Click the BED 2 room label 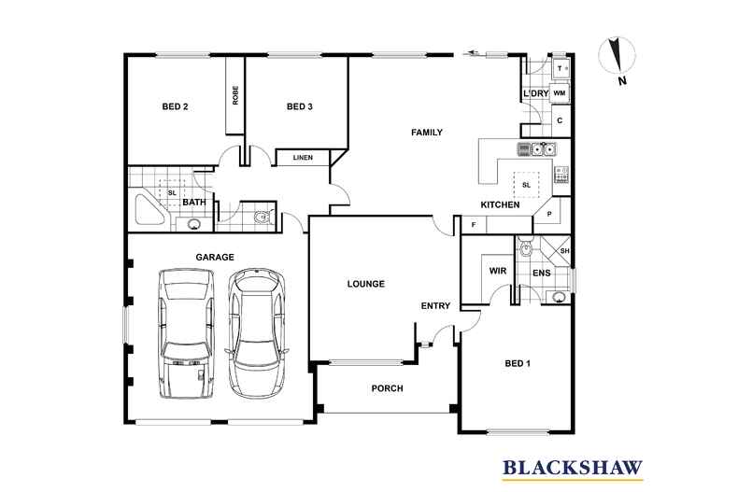[176, 107]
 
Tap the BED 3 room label [299, 107]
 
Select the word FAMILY [427, 133]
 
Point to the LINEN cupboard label [303, 158]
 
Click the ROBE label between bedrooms [235, 95]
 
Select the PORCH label [387, 388]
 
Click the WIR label [497, 273]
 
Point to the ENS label [541, 274]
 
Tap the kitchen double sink [539, 148]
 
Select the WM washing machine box [560, 93]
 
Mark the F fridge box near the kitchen [474, 225]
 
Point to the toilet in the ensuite [526, 248]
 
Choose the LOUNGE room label [366, 283]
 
